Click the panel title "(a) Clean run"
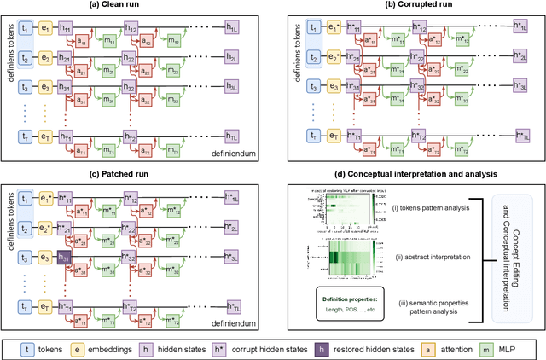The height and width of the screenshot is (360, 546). (x=135, y=7)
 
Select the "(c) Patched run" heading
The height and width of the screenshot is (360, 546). (x=135, y=173)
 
